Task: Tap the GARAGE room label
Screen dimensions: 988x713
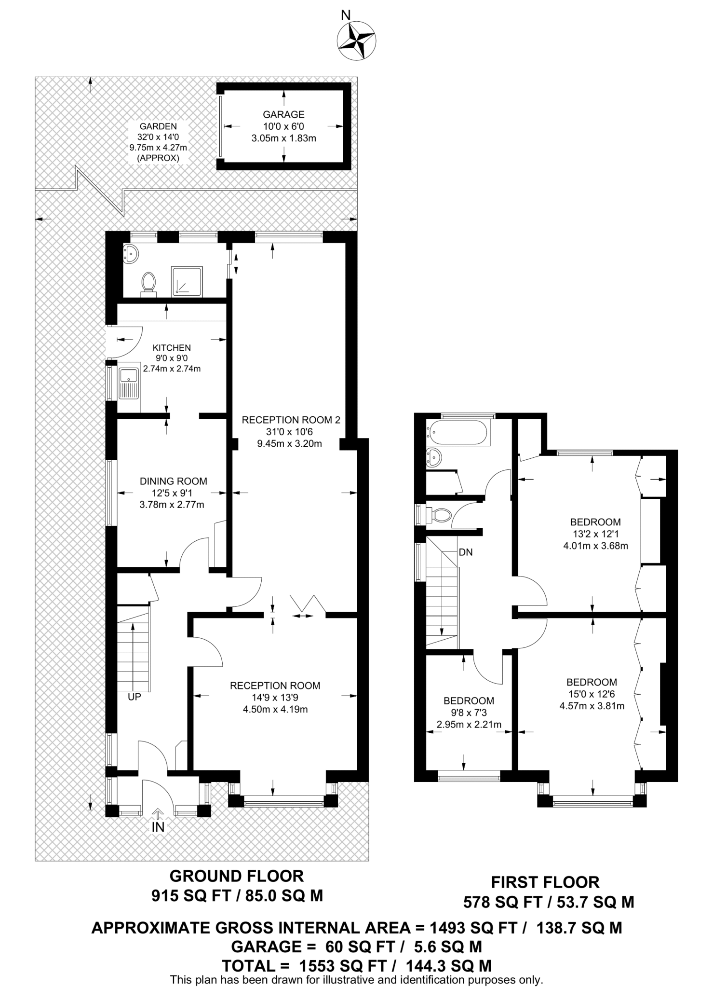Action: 283,114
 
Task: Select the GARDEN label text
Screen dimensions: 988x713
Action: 158,126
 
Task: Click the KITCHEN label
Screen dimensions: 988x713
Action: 172,347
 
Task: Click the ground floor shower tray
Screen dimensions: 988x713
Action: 188,280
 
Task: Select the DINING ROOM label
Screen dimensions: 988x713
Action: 174,481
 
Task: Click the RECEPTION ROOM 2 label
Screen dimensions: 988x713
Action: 291,420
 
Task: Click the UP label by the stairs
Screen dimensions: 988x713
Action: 135,697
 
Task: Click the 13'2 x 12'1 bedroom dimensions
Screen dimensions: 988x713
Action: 595,534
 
